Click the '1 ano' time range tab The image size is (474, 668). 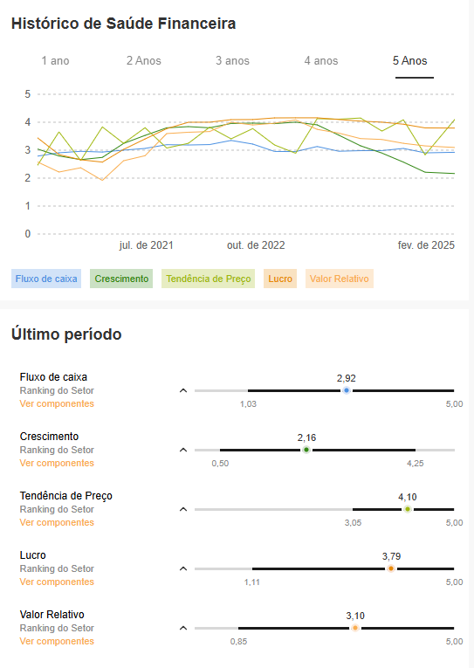[55, 61]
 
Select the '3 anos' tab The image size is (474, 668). [232, 61]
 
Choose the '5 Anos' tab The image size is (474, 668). [409, 61]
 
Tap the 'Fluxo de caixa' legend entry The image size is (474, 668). [46, 279]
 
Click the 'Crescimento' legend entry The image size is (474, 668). [121, 279]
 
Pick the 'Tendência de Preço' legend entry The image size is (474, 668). [209, 279]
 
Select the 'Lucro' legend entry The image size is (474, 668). [280, 279]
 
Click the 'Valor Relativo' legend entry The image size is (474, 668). [340, 279]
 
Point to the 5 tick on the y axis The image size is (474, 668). [28, 94]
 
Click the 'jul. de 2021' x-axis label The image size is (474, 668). [146, 245]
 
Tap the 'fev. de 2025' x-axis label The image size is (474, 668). [426, 245]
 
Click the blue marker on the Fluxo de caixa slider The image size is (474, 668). [347, 390]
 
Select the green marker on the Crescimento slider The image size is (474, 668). [306, 450]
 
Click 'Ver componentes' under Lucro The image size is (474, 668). [57, 582]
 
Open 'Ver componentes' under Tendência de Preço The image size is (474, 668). [57, 523]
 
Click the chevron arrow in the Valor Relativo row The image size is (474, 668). [183, 628]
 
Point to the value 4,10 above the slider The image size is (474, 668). [408, 497]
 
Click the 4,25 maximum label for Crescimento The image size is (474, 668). [416, 464]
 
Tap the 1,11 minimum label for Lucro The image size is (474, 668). [252, 582]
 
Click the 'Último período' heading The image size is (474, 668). [66, 334]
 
